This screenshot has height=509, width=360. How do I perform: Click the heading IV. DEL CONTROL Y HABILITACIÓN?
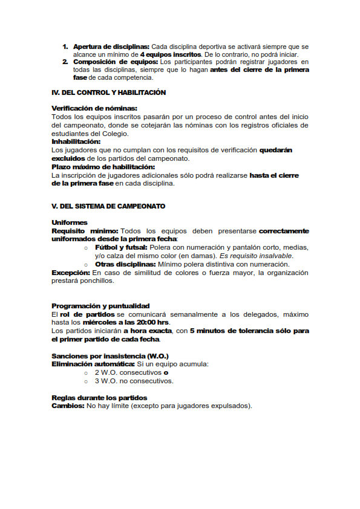coord(108,93)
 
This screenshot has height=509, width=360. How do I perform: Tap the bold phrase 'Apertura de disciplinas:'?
coord(111,47)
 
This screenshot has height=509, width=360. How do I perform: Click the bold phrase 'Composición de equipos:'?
coord(115,62)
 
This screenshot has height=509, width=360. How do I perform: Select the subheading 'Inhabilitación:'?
coord(76,141)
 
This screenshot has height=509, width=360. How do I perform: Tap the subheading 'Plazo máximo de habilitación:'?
coord(103,167)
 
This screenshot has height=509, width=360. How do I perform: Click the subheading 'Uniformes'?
coord(70,222)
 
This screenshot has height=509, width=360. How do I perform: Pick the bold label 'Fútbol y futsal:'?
coord(121,247)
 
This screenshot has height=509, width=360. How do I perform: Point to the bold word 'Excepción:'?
coord(70,273)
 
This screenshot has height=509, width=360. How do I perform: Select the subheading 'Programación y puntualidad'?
coord(100,306)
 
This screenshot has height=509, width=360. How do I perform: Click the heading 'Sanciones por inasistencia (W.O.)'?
coord(110,355)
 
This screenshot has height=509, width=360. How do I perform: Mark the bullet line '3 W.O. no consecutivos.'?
coord(134,381)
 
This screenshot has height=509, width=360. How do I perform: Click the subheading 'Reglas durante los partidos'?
coord(99,397)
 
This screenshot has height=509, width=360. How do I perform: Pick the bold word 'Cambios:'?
coord(68,406)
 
